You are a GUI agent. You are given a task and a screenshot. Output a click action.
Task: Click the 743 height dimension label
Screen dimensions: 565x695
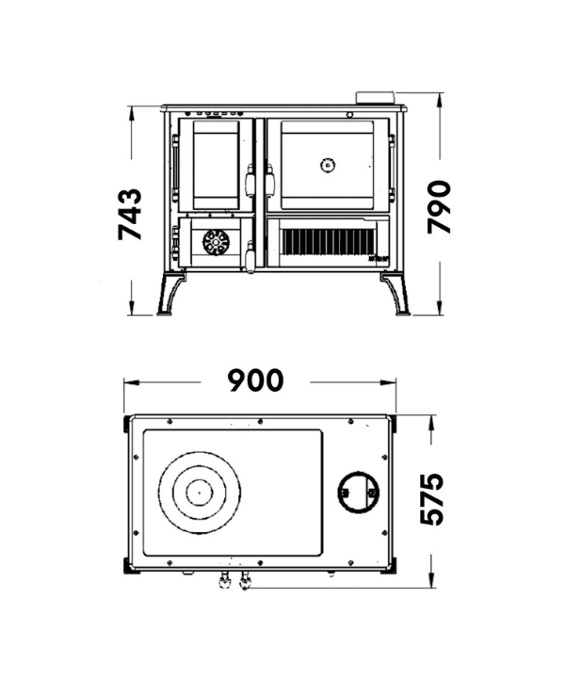pyautogui.click(x=130, y=215)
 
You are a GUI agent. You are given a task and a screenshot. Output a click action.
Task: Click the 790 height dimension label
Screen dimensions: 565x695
pyautogui.click(x=439, y=206)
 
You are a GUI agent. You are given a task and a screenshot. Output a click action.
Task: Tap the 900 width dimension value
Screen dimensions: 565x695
pyautogui.click(x=256, y=380)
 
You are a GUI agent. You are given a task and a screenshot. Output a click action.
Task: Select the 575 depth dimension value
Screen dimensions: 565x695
pyautogui.click(x=431, y=498)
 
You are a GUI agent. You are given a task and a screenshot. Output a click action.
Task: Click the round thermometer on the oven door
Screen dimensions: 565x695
pyautogui.click(x=328, y=166)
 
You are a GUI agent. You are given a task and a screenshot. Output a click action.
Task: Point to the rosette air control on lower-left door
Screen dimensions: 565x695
pyautogui.click(x=216, y=242)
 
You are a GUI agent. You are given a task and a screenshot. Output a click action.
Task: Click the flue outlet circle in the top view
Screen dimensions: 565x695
pyautogui.click(x=359, y=492)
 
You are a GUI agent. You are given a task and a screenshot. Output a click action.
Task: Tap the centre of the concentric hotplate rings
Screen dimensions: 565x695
pyautogui.click(x=200, y=493)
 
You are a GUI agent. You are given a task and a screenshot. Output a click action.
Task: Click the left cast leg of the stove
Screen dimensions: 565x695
pyautogui.click(x=170, y=294)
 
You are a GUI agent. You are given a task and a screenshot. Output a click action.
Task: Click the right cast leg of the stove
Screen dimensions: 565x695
pyautogui.click(x=395, y=294)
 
